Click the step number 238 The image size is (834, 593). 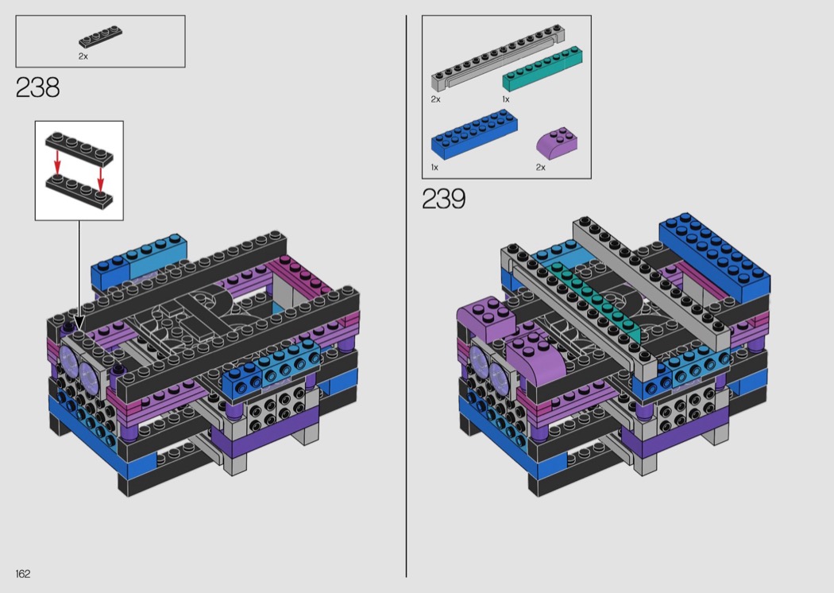(38, 87)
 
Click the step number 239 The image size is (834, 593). (443, 199)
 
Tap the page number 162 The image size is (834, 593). (23, 573)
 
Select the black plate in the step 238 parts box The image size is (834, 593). (101, 37)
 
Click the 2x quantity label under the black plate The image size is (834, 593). (83, 56)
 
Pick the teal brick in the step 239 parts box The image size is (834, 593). (542, 69)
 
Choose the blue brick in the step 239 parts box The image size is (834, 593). (474, 134)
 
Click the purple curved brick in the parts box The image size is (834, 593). (557, 142)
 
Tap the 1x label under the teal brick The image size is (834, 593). (506, 99)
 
